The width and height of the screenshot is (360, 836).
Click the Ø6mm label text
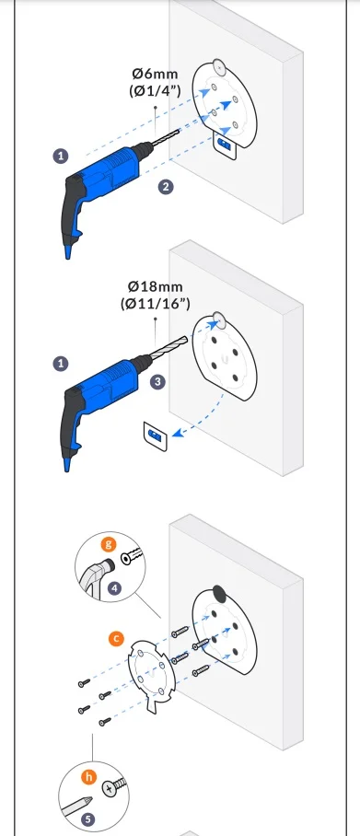(156, 74)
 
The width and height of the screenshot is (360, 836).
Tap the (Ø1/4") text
(156, 90)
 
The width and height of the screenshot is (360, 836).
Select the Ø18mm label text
(156, 286)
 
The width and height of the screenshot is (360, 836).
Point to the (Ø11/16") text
(156, 303)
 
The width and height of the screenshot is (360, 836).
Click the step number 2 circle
(167, 187)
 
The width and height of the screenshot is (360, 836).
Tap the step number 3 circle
(157, 382)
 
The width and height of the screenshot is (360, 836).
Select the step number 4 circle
(114, 588)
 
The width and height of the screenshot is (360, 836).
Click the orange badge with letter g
(109, 544)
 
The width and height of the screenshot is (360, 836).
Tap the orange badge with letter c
(116, 639)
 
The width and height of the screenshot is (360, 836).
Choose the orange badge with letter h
(89, 776)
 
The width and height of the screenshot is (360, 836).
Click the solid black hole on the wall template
(218, 593)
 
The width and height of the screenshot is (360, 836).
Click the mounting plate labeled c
(152, 676)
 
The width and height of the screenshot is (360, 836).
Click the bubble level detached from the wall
(156, 435)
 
